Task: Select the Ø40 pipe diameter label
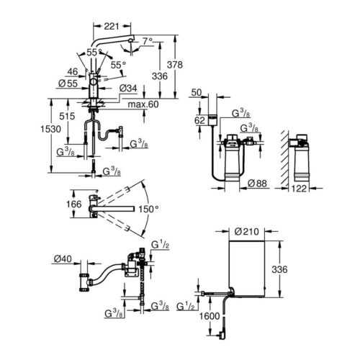(61, 258)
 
